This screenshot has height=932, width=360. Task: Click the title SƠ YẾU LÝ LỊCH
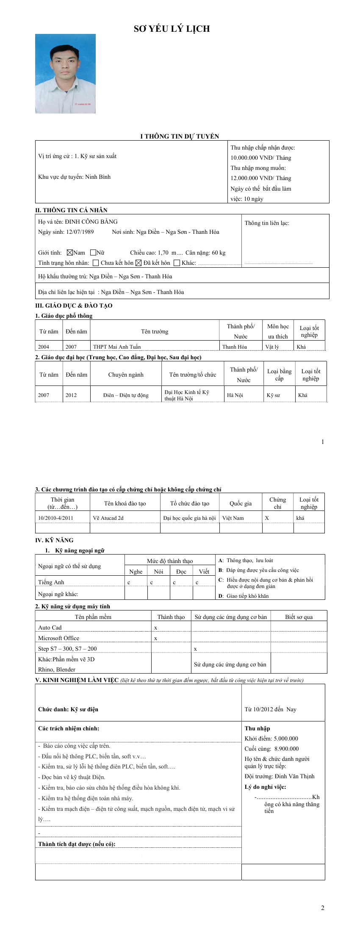[172, 29]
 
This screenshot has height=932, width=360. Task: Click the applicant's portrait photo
[65, 74]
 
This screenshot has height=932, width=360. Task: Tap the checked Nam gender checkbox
[70, 253]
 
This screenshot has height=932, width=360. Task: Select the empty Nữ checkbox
[93, 253]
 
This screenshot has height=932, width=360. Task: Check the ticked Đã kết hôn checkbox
[138, 263]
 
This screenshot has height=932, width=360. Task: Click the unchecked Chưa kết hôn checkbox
[96, 263]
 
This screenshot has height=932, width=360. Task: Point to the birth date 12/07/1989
[80, 232]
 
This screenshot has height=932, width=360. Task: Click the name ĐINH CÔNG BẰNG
[91, 222]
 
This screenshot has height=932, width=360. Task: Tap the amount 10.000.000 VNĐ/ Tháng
[260, 158]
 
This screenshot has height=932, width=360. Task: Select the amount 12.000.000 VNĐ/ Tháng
[260, 178]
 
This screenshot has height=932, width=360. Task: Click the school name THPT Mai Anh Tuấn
[117, 347]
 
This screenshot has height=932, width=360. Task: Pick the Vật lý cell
[272, 347]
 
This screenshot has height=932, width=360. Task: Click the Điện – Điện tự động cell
[126, 395]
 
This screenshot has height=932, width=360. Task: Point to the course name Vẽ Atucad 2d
[108, 518]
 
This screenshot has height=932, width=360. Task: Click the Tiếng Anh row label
[51, 582]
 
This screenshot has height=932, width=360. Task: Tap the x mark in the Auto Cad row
[156, 628]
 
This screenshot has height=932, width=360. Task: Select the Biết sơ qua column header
[299, 617]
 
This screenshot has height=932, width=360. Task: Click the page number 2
[323, 907]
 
